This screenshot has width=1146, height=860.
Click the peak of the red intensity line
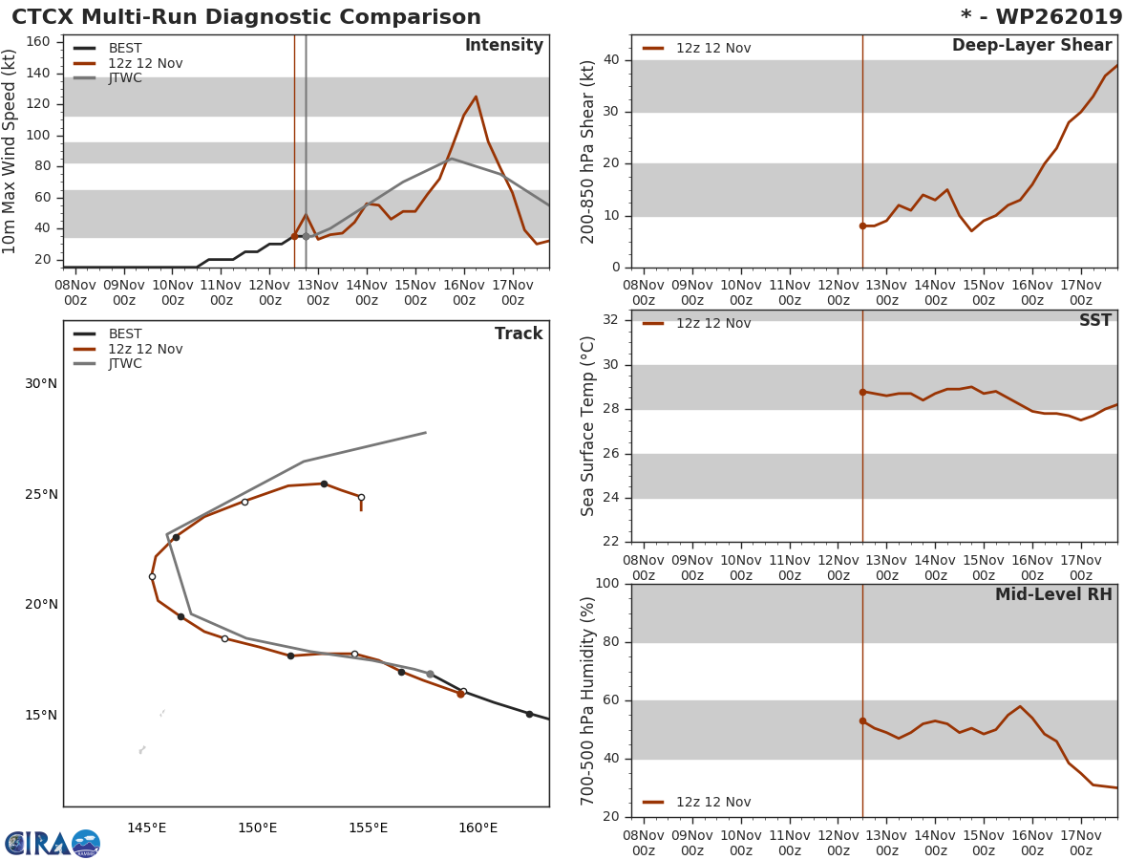[x=476, y=97]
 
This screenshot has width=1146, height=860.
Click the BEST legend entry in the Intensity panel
[x=124, y=49]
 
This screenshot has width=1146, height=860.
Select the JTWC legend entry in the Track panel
[x=124, y=364]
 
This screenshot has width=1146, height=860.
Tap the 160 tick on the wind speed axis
[x=38, y=41]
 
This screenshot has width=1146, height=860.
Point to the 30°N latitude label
[x=41, y=384]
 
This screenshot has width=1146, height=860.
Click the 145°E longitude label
[x=147, y=828]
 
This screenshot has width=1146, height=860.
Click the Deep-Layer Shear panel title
[x=1031, y=46]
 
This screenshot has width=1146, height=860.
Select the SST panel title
[x=1094, y=321]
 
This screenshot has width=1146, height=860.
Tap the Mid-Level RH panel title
[x=1053, y=594]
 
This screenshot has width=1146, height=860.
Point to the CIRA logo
[x=53, y=843]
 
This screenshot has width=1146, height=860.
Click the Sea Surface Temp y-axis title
[x=588, y=426]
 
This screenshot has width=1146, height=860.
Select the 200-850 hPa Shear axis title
[x=588, y=151]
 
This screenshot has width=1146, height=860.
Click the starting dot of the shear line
[x=862, y=226]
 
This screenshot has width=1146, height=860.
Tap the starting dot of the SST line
[x=862, y=392]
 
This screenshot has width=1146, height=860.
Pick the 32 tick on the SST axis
[x=612, y=320]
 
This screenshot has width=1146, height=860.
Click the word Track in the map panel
[x=518, y=334]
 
